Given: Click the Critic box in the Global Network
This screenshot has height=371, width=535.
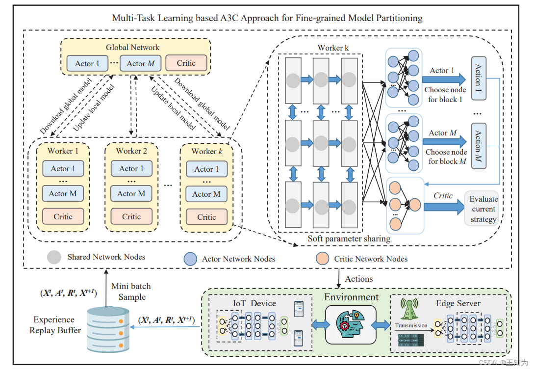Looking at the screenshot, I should [186, 63].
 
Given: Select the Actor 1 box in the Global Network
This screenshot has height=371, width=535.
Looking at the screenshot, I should [87, 63].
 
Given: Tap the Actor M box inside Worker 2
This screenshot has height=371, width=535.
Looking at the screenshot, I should [131, 193].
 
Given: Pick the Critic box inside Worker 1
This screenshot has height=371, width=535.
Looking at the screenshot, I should [63, 216].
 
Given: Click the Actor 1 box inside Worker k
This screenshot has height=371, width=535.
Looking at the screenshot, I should [206, 169].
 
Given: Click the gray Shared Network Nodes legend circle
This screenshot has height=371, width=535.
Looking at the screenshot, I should [54, 257].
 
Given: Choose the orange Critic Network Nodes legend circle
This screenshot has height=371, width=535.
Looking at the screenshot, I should [322, 259].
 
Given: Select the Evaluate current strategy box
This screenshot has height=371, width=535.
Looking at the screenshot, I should [483, 209].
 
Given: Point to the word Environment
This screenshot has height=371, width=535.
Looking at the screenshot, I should [351, 297].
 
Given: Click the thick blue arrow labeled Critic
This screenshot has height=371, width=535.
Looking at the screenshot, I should [443, 207].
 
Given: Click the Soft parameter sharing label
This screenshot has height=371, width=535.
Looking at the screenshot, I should [349, 238].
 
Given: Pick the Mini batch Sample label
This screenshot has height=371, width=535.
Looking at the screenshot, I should [131, 291].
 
